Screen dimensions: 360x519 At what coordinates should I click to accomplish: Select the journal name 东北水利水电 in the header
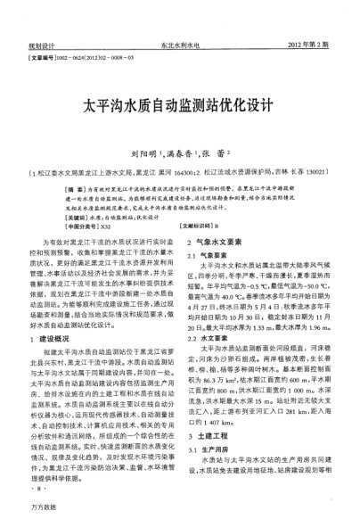(x=179, y=44)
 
